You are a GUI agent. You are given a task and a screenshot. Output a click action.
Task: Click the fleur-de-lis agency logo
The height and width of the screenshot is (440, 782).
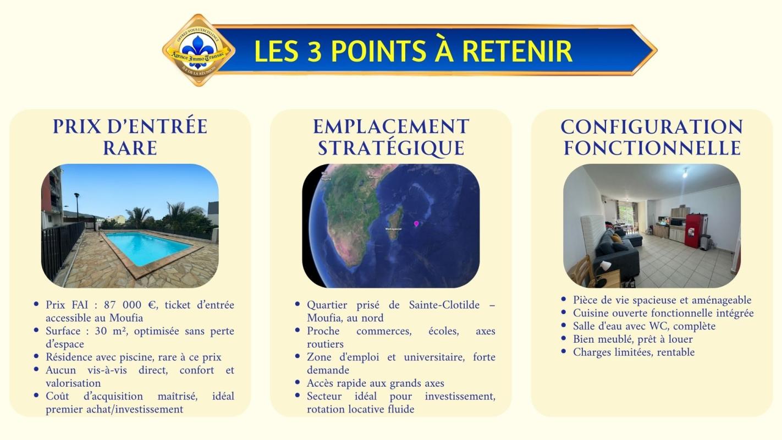pyautogui.click(x=199, y=50)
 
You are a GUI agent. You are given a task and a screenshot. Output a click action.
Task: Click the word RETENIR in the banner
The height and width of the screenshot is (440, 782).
pyautogui.click(x=517, y=51)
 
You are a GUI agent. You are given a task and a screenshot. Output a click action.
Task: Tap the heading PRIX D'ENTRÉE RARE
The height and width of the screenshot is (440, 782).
pyautogui.click(x=130, y=137)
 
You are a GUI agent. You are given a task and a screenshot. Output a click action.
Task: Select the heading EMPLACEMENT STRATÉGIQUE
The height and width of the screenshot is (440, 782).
pyautogui.click(x=391, y=137)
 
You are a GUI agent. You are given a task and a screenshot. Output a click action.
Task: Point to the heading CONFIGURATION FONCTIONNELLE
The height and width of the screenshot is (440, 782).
pyautogui.click(x=652, y=137)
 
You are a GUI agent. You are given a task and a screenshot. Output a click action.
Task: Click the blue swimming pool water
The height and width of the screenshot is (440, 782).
pyautogui.click(x=147, y=246)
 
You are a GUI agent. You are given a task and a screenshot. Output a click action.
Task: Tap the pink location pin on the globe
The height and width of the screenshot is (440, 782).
pyautogui.click(x=416, y=223)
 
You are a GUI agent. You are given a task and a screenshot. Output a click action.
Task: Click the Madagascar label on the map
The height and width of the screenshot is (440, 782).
pyautogui.click(x=393, y=229)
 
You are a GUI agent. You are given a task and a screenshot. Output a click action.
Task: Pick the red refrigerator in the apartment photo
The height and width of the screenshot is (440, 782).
pyautogui.click(x=694, y=231)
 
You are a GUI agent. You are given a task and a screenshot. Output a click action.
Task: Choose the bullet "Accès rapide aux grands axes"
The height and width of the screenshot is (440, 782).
pyautogui.click(x=375, y=383)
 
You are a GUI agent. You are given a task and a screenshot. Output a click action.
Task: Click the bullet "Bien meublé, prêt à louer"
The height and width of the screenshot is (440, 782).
pyautogui.click(x=632, y=339)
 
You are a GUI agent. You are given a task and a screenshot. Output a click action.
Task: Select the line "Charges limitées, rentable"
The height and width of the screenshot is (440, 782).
pyautogui.click(x=634, y=352)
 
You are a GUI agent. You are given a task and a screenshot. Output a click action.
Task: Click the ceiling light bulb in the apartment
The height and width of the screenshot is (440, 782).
pyautogui.click(x=685, y=173)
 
